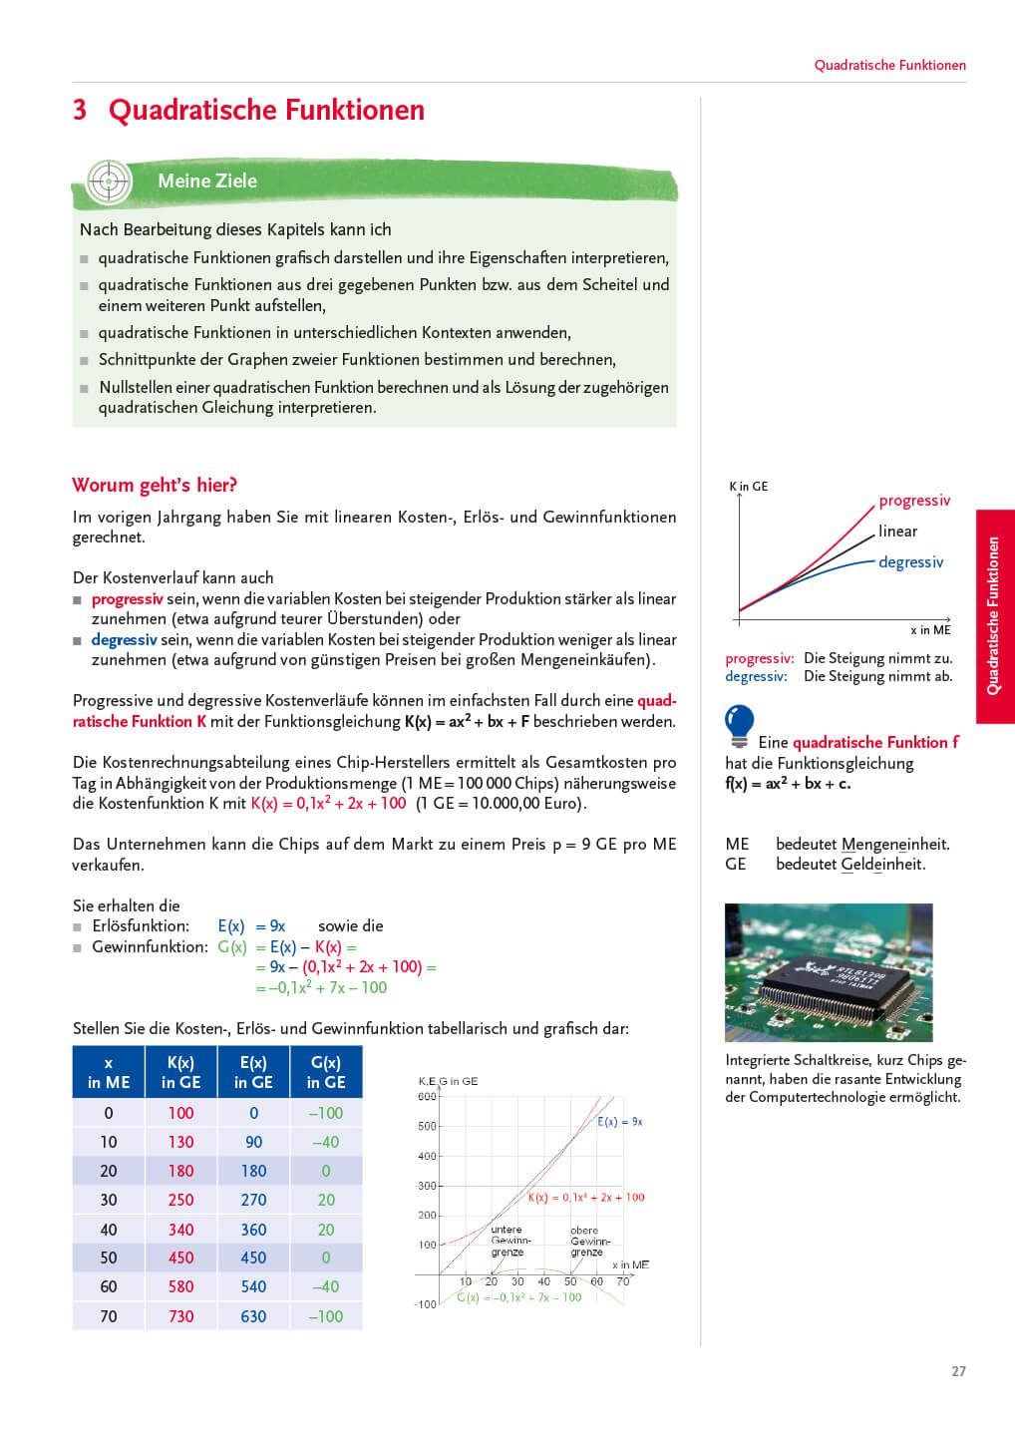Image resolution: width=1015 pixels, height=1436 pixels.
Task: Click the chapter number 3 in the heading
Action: tap(80, 110)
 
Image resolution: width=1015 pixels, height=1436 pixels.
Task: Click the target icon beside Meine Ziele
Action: tap(109, 181)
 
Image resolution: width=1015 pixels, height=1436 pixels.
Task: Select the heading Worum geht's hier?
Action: tap(155, 486)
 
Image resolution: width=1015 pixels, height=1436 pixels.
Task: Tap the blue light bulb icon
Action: tap(740, 724)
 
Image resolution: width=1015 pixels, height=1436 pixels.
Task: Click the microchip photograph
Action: tap(829, 972)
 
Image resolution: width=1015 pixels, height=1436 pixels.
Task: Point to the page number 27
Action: tap(958, 1371)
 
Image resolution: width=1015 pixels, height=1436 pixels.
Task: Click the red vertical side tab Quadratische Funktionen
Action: tap(994, 616)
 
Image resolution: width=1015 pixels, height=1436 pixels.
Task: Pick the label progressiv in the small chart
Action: tap(914, 501)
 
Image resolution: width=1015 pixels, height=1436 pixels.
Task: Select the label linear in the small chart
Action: tap(897, 532)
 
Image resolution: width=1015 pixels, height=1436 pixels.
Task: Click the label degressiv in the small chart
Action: tap(910, 562)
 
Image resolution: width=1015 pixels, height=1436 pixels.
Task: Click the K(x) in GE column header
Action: tap(180, 1072)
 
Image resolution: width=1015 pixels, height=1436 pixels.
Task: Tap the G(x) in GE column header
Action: tap(325, 1072)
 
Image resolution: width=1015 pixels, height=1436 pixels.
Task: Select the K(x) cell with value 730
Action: tap(180, 1316)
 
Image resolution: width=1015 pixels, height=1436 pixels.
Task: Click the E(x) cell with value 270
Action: tap(253, 1200)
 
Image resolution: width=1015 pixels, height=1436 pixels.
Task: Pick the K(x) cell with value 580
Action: tap(180, 1286)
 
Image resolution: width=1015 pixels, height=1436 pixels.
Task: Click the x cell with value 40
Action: tap(109, 1230)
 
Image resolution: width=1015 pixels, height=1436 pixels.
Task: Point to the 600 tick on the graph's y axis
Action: tap(427, 1097)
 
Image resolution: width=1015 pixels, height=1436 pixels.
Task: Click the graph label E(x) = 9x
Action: tap(620, 1122)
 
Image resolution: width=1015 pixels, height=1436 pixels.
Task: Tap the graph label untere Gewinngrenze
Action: tap(508, 1241)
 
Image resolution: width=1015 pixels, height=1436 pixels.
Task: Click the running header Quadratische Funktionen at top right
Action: tap(889, 65)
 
